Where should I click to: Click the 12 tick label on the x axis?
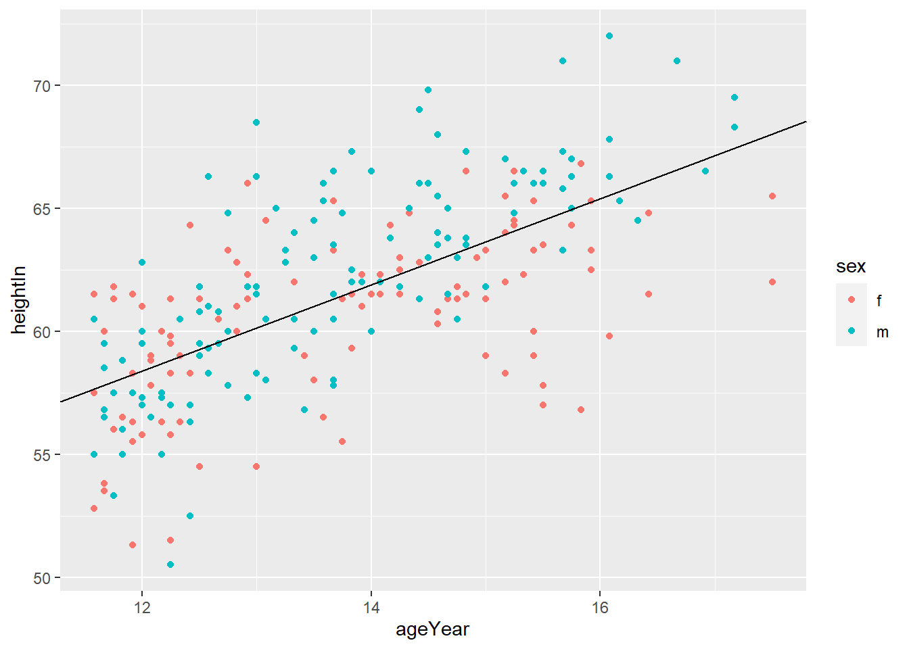click(142, 608)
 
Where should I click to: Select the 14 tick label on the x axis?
click(371, 608)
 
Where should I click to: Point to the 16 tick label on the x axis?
click(600, 608)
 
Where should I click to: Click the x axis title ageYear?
click(432, 630)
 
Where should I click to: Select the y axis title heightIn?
click(19, 300)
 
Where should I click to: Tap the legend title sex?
click(851, 266)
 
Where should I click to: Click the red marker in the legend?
click(852, 299)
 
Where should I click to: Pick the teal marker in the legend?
click(852, 331)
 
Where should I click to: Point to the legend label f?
click(879, 300)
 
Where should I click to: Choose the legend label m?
click(882, 332)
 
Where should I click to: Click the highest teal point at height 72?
click(609, 36)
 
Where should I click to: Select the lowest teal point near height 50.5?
click(170, 564)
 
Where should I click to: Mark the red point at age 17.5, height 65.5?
click(772, 196)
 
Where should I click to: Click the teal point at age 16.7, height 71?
click(677, 61)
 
